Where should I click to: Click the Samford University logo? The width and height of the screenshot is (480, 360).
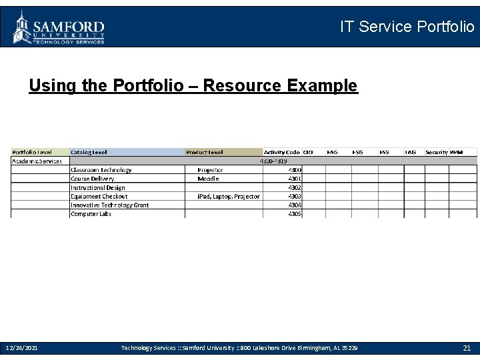(59, 27)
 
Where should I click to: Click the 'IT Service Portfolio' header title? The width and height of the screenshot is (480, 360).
(407, 27)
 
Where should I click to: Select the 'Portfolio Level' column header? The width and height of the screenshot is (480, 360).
(33, 152)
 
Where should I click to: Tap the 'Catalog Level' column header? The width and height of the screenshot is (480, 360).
(89, 152)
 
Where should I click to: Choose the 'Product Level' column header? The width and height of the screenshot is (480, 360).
(205, 152)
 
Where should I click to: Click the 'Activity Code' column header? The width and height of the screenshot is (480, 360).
(282, 152)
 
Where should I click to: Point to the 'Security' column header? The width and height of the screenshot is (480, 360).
(437, 152)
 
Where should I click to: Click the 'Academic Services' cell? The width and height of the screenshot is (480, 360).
(37, 161)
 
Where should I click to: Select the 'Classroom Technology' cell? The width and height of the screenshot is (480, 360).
(101, 170)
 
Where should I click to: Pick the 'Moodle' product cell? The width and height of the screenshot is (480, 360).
(208, 179)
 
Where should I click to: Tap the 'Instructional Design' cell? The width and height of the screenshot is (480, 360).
(98, 187)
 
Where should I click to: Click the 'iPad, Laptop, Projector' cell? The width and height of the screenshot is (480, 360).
(229, 196)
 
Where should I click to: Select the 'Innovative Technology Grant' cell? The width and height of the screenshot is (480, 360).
(110, 205)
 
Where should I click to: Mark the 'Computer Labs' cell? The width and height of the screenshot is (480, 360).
(91, 214)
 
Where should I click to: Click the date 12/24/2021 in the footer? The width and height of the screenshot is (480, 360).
(21, 348)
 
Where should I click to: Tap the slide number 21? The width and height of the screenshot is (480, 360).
(467, 348)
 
